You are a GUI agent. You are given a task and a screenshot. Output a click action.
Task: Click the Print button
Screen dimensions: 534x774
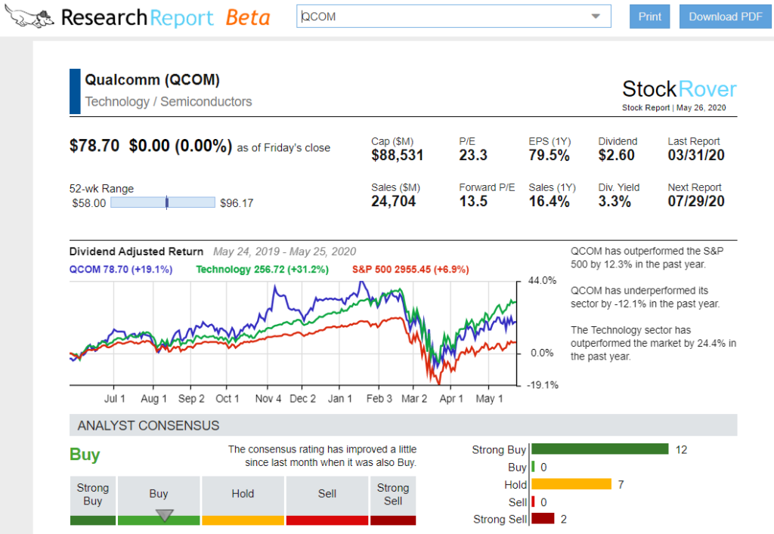tap(649, 17)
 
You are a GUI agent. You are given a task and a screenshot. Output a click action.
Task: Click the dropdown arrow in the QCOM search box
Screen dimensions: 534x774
tap(596, 17)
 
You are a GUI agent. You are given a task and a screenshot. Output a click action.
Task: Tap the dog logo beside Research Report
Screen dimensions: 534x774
tap(28, 17)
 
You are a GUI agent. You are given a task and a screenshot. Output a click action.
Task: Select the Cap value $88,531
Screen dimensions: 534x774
tap(398, 156)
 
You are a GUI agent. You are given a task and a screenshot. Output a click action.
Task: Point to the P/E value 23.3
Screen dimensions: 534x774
tap(473, 156)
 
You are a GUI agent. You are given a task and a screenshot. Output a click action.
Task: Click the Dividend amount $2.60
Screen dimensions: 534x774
tap(617, 156)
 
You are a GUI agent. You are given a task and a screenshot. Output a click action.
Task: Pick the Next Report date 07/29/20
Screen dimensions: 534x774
tap(696, 202)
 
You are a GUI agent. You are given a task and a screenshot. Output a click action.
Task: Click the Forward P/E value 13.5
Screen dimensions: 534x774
tap(473, 202)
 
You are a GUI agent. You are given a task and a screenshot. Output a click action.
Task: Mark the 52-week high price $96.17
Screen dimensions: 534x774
tap(237, 203)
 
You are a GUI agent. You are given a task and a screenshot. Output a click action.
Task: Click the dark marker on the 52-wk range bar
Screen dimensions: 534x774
tap(166, 202)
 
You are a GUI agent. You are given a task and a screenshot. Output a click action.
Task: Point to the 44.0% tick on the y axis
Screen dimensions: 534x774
tap(541, 281)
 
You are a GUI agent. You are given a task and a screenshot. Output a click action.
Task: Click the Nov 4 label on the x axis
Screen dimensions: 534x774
tap(268, 399)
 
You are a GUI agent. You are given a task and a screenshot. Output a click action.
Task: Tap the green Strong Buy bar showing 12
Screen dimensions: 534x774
tap(600, 449)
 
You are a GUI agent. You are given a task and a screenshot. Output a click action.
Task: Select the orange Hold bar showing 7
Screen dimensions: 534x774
tap(571, 484)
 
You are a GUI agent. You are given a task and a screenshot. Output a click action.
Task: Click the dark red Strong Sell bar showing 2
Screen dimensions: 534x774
tap(543, 519)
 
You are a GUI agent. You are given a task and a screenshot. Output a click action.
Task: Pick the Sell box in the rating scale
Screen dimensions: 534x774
tap(327, 494)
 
